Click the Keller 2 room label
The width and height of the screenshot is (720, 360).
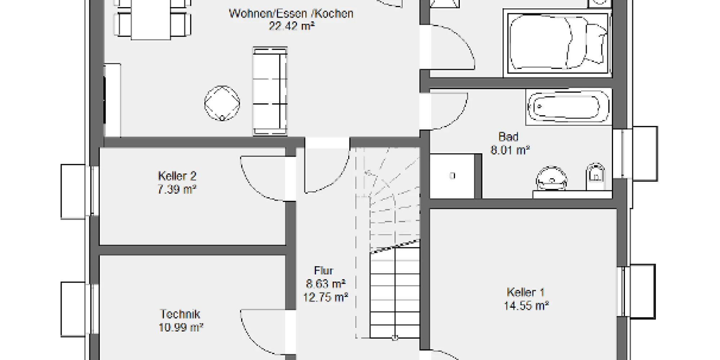coord(177,176)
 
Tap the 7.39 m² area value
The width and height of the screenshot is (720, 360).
coord(177,189)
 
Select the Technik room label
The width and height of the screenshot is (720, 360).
coord(180,314)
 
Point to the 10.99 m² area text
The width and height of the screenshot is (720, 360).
coord(181,328)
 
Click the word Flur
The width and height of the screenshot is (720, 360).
coord(324,270)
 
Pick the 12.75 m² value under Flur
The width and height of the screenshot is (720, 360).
coord(325,298)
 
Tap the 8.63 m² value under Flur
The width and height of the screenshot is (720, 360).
coord(325,284)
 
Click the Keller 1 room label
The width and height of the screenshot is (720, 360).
coord(526,292)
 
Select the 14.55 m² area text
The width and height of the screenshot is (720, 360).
coord(526,306)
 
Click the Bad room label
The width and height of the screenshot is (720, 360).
coord(508,137)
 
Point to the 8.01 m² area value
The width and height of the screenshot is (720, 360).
coord(510,150)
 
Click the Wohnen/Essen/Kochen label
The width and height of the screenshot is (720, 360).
coord(291,14)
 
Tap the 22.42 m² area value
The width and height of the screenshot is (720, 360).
coord(292,26)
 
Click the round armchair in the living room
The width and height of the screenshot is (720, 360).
coord(222,103)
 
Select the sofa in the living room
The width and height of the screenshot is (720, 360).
coord(270,91)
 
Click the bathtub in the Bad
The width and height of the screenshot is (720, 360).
coord(568,107)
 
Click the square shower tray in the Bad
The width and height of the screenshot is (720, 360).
coord(453,176)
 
